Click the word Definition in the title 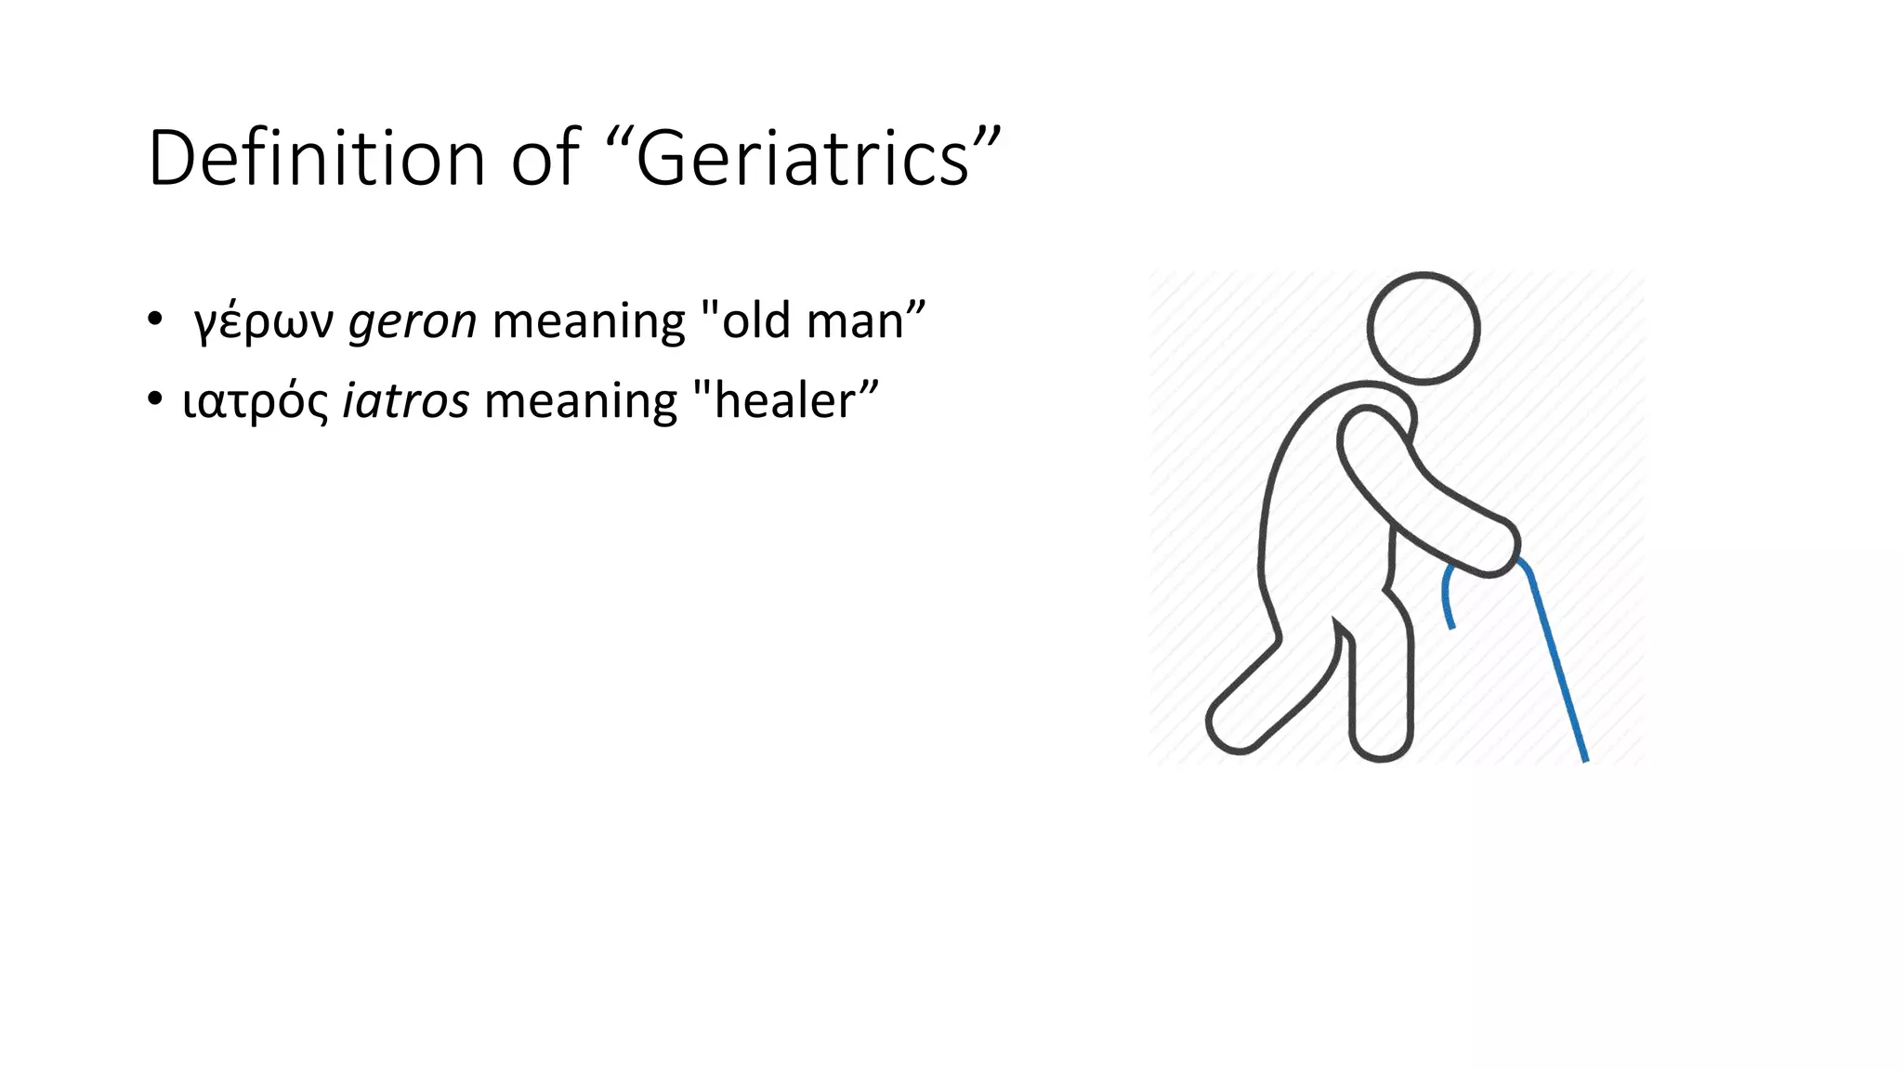click(x=317, y=158)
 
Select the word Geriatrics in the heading click(x=803, y=160)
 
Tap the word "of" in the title click(x=545, y=158)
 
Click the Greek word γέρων click(x=263, y=322)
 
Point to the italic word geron click(x=413, y=322)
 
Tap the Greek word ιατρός click(x=256, y=402)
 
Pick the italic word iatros click(x=406, y=401)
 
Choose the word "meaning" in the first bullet click(x=588, y=322)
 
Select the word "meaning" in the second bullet click(x=581, y=403)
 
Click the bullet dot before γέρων click(x=154, y=320)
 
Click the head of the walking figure click(x=1423, y=328)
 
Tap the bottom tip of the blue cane click(x=1584, y=758)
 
